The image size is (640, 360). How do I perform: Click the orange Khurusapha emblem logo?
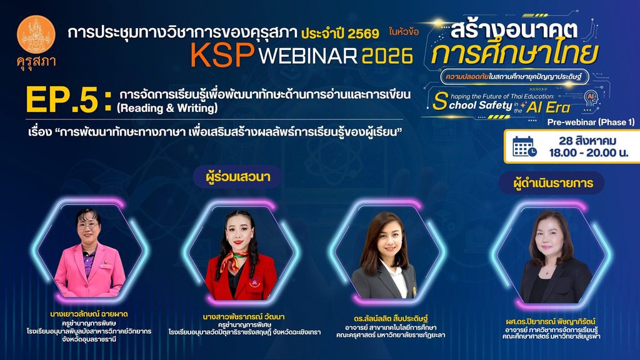(x=36, y=35)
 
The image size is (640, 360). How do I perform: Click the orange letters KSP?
(x=222, y=55)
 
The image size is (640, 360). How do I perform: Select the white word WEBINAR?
(x=308, y=56)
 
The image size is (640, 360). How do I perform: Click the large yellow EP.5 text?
(x=68, y=99)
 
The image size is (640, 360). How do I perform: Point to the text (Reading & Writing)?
(x=167, y=108)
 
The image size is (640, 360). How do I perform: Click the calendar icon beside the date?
(x=524, y=147)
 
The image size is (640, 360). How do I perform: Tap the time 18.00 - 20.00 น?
(x=588, y=153)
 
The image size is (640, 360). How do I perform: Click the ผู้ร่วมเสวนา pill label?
(x=237, y=177)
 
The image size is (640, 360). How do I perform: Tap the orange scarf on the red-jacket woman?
(x=234, y=262)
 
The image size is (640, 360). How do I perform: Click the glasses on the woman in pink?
(x=87, y=225)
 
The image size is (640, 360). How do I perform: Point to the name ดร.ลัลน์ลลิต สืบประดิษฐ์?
(x=391, y=318)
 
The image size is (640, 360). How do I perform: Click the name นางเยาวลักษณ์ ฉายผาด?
(x=89, y=314)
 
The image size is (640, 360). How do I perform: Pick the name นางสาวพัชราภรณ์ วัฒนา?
(x=244, y=317)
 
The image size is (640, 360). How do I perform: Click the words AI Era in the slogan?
(x=547, y=107)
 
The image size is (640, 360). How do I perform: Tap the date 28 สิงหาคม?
(x=587, y=141)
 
